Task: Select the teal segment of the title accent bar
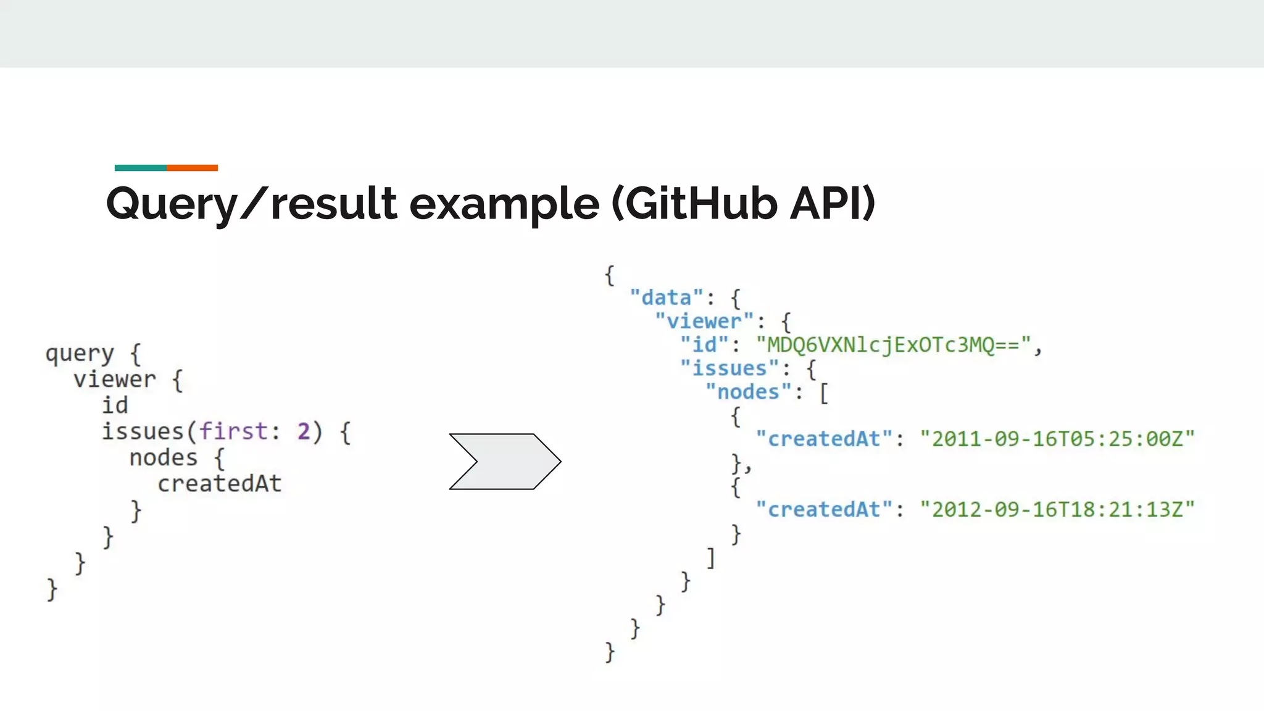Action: pos(140,168)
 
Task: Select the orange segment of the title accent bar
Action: pos(192,168)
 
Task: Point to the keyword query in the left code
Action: pos(80,354)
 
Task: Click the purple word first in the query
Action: pos(233,431)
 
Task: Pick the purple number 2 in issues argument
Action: pos(304,431)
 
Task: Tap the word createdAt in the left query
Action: pos(219,484)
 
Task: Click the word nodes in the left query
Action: pos(163,458)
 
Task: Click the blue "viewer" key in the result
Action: pos(704,322)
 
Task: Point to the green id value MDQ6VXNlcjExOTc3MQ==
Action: pos(894,344)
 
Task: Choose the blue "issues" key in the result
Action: pos(730,368)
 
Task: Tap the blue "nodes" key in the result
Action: pos(748,392)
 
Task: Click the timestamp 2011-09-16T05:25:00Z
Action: pos(1057,439)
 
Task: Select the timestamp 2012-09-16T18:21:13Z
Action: pos(1057,510)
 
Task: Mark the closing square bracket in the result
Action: pos(711,558)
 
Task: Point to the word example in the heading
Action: pos(504,204)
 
